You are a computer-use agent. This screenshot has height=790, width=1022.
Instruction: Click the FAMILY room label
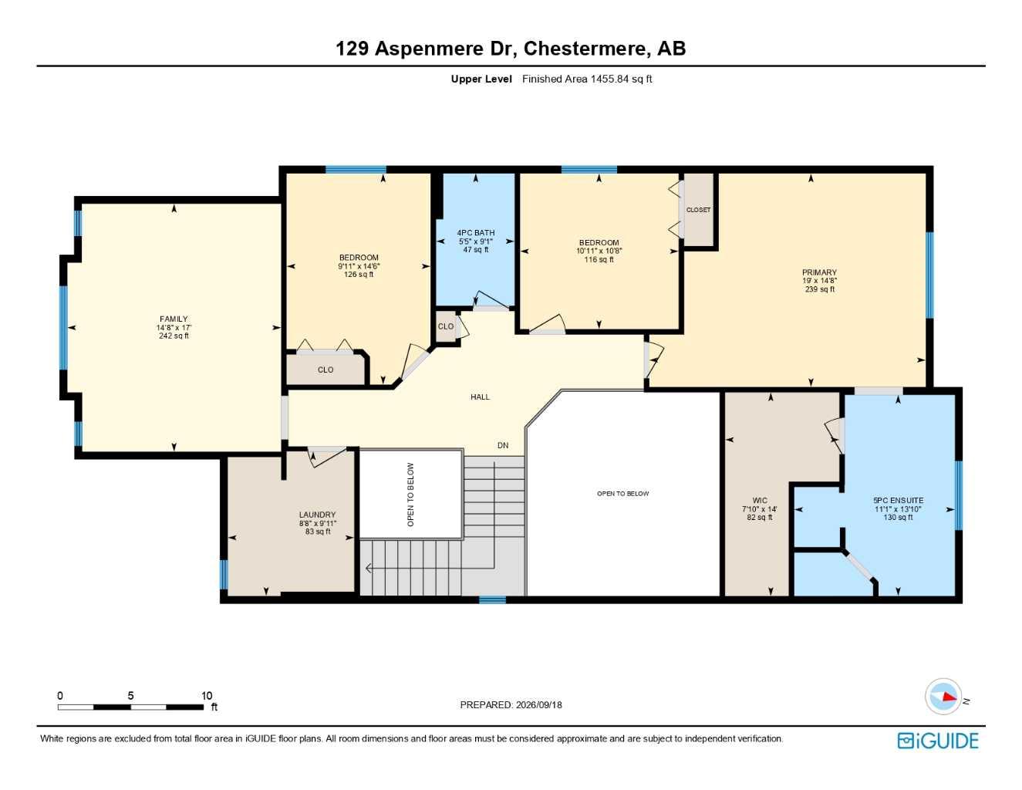(x=174, y=319)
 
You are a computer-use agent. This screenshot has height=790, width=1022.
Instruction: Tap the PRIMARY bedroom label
(x=819, y=272)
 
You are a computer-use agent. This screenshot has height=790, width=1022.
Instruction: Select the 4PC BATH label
(x=475, y=233)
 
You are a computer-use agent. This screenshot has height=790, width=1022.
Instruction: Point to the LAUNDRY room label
(x=318, y=515)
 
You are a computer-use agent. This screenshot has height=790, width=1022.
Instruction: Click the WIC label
(x=760, y=501)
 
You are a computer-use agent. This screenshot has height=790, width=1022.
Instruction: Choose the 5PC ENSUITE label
(x=899, y=501)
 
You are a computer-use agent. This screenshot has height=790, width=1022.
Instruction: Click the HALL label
(x=480, y=397)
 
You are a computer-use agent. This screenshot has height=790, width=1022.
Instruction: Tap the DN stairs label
(x=503, y=445)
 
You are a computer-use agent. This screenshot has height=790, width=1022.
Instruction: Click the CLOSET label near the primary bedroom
(x=698, y=210)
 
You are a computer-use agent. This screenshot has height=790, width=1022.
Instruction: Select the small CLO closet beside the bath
(x=445, y=326)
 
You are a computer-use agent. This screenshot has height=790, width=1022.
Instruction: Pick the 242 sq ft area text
(x=174, y=336)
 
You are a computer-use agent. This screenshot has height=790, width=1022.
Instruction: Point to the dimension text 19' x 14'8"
(x=819, y=281)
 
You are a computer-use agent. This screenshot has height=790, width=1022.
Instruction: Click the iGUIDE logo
(x=938, y=741)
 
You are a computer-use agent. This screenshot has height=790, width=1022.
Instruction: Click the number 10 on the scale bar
(x=207, y=695)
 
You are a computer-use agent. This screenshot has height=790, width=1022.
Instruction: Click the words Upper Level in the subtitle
(x=481, y=79)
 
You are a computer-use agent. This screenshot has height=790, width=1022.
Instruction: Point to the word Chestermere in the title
(x=585, y=49)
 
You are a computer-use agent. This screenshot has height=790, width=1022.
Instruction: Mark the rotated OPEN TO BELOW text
(x=410, y=495)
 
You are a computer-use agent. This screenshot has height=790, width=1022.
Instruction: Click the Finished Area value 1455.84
(x=609, y=79)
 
